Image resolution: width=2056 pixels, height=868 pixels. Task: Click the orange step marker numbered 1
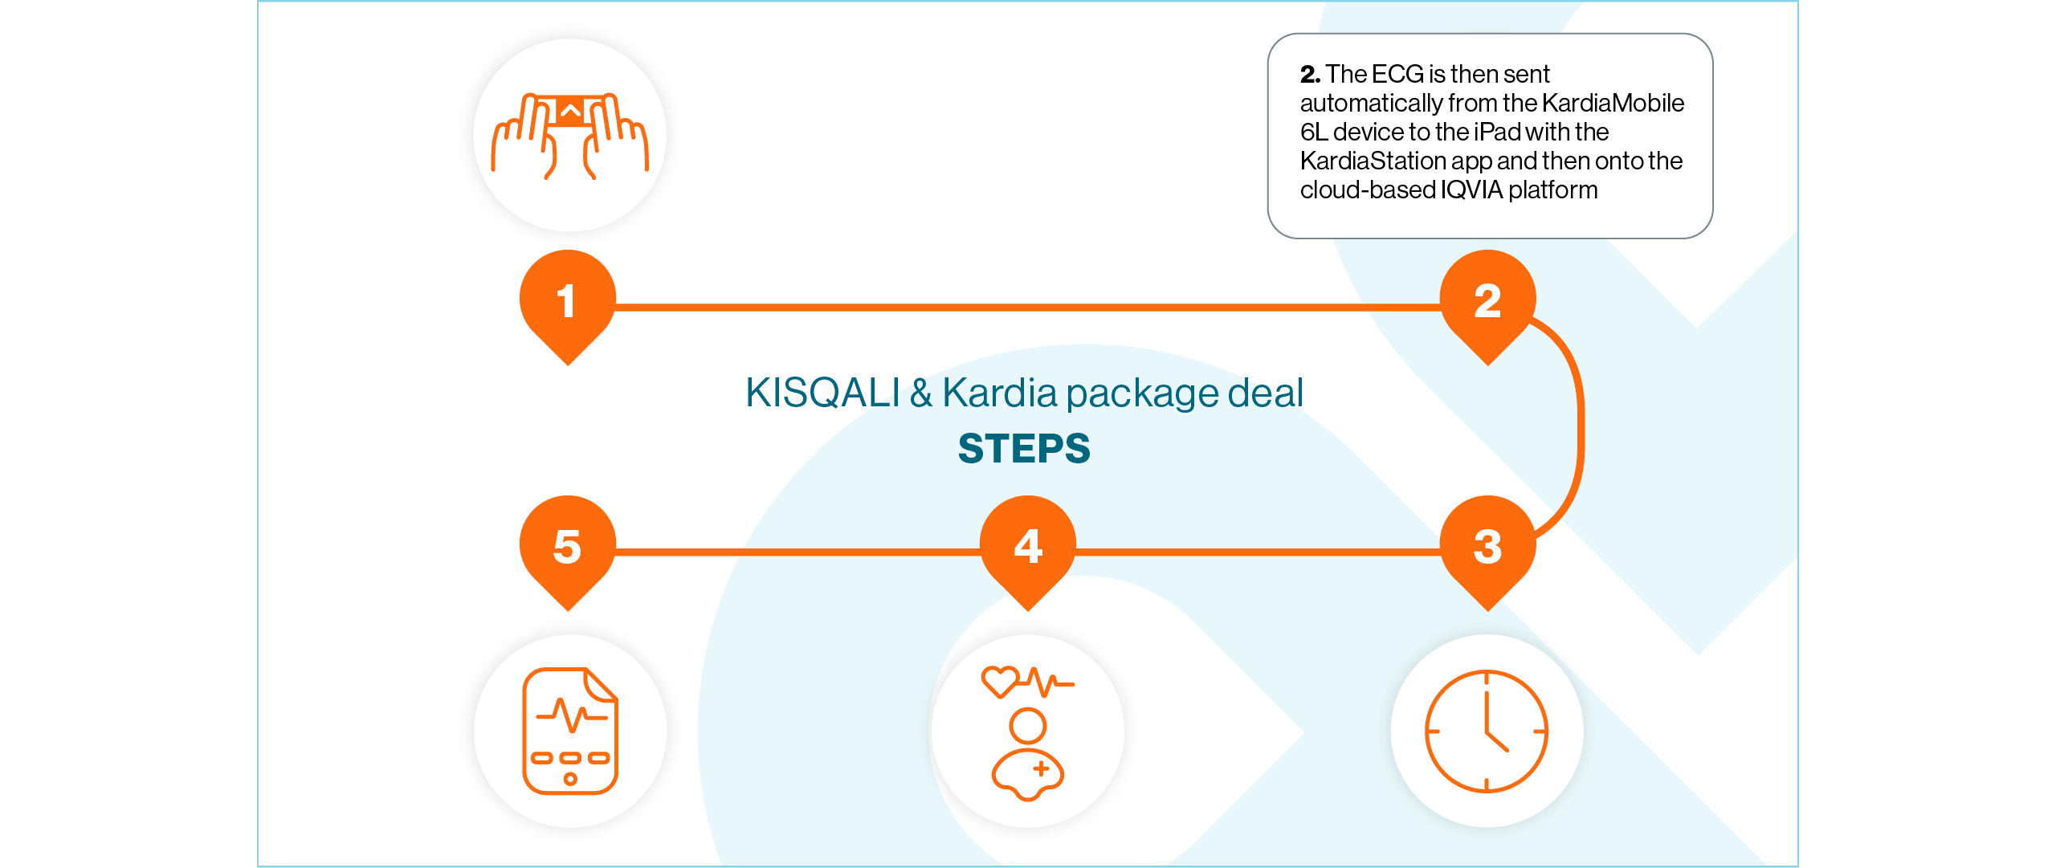coord(568,301)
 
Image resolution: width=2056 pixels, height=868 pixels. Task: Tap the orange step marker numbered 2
coord(1487,301)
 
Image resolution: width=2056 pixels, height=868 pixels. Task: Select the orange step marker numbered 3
coord(1487,547)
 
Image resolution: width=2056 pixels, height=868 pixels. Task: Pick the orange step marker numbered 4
coord(1028,547)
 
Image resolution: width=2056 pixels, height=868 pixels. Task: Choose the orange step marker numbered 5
coord(568,547)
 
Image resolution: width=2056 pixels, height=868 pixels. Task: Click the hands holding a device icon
coord(570,135)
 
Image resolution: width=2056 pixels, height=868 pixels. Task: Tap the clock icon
coord(1487,731)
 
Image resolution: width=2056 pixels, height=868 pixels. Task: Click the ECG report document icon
coord(570,731)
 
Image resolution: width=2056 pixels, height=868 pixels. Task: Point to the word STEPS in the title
coord(1024,448)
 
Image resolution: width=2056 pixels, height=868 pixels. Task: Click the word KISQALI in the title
coord(822,393)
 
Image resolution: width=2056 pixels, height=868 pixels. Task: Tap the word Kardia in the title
coord(999,393)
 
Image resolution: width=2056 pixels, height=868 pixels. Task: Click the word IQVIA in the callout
coord(1471,189)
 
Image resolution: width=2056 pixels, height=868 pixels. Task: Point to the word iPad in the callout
coord(1497,132)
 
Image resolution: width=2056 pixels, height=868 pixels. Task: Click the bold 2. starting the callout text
coord(1310,74)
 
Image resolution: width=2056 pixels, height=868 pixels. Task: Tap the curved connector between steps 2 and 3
coord(1579,426)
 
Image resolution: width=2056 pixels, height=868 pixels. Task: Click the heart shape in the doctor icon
coord(1000,682)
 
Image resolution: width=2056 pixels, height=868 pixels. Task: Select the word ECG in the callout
coord(1397,74)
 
